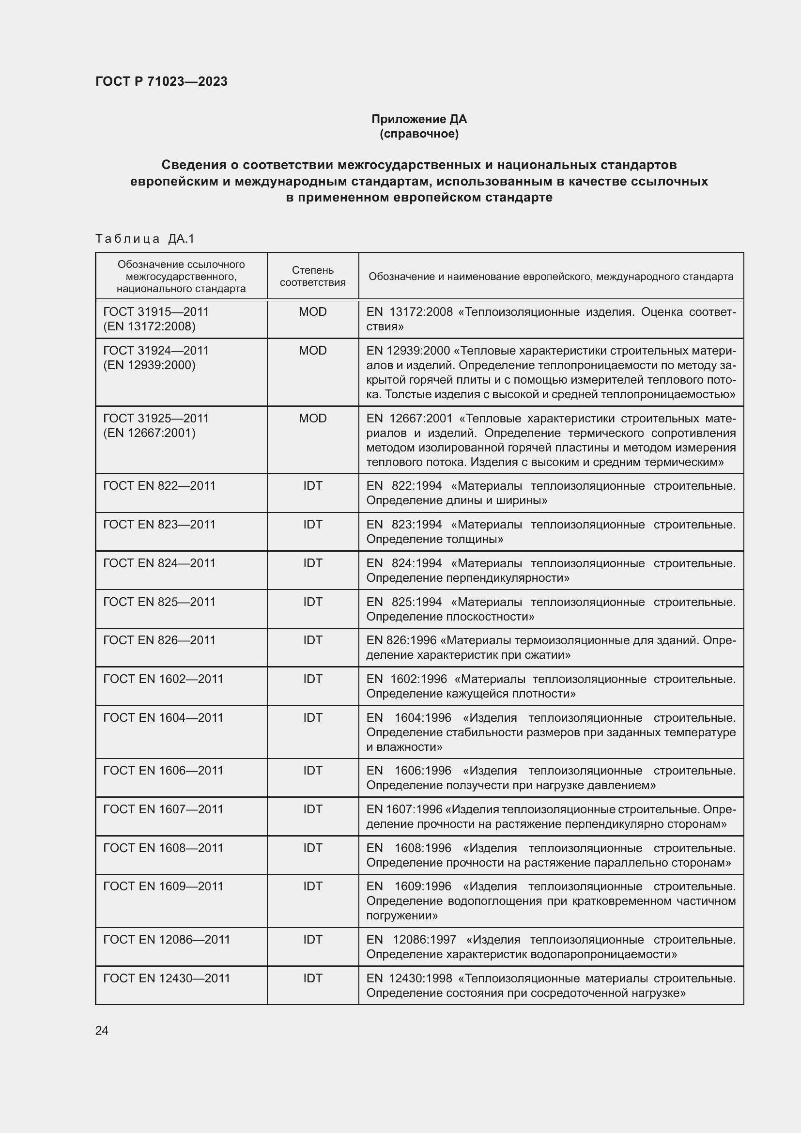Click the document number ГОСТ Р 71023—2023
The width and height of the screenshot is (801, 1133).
tap(161, 81)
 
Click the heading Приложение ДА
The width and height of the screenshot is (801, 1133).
tap(419, 119)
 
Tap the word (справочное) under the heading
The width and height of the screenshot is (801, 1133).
tap(419, 134)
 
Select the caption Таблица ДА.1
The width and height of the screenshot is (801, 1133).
tap(145, 239)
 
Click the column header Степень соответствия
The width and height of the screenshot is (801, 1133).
tap(313, 276)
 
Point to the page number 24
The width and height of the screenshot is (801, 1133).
tap(102, 1030)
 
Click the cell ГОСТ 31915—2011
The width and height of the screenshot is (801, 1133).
tap(156, 312)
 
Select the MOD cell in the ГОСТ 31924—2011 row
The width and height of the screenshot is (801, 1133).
tap(313, 350)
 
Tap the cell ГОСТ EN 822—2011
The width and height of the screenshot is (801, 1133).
tap(159, 485)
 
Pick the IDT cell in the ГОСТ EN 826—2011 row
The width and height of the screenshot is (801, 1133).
tap(313, 640)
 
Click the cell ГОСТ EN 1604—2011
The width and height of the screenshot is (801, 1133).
tap(163, 717)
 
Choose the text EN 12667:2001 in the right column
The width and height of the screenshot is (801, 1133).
tap(409, 419)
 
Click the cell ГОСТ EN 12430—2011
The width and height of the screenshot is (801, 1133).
tap(167, 978)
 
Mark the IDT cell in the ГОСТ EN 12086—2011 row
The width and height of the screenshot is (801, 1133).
tap(313, 940)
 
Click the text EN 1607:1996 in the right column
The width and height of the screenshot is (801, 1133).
tap(404, 809)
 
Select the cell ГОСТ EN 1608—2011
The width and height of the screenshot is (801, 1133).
tap(163, 848)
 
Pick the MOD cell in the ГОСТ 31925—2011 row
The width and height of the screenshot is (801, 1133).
tap(313, 419)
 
